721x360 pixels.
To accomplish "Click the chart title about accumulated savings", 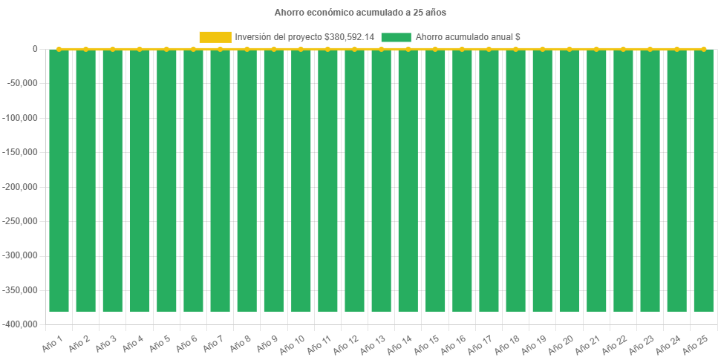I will point(360,13).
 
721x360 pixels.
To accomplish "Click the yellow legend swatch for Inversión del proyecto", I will point(215,37).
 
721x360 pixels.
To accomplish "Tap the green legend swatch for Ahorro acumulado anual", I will point(395,37).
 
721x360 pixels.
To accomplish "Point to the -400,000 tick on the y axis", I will point(23,324).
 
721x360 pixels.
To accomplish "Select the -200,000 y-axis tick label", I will point(23,187).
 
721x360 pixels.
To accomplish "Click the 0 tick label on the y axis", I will point(35,49).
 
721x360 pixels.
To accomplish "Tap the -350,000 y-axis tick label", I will point(23,290).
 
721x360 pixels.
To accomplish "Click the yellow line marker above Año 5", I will point(166,49).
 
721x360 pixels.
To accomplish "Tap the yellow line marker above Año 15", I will point(434,49).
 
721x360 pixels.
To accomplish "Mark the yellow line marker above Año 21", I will point(596,49).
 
